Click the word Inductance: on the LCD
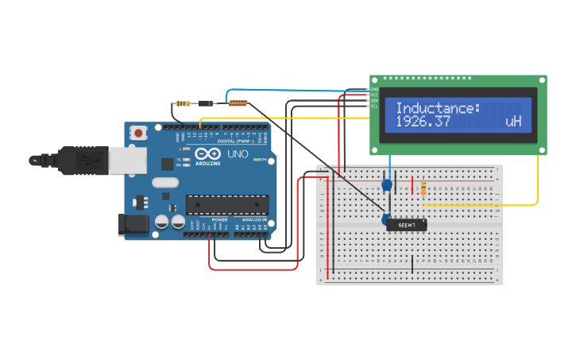[438, 108]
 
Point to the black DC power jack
[132, 225]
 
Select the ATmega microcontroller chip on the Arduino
[226, 204]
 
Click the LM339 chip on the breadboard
[407, 225]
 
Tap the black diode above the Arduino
[207, 103]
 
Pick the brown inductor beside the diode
[238, 103]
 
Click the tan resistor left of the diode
[184, 103]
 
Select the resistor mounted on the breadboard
[423, 188]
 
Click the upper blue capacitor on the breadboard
[387, 185]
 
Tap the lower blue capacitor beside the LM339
[385, 219]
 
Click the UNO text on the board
[238, 153]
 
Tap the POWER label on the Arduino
[219, 220]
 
